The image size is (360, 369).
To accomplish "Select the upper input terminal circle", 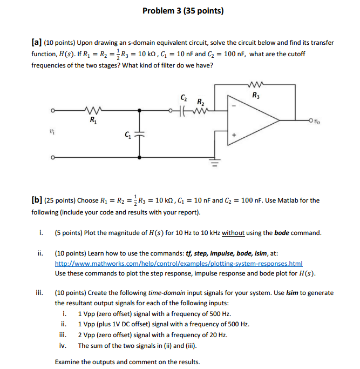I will pos(53,112).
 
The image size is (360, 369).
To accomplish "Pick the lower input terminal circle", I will pos(53,158).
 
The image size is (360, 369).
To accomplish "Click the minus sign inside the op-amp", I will pos(234,106).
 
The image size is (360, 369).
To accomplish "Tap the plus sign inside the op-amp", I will pos(234,134).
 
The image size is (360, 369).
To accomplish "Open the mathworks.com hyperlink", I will pos(178,263).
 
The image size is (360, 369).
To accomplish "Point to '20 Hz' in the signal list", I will pos(218,335).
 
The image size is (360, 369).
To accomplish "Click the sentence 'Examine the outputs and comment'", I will pos(127,361).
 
